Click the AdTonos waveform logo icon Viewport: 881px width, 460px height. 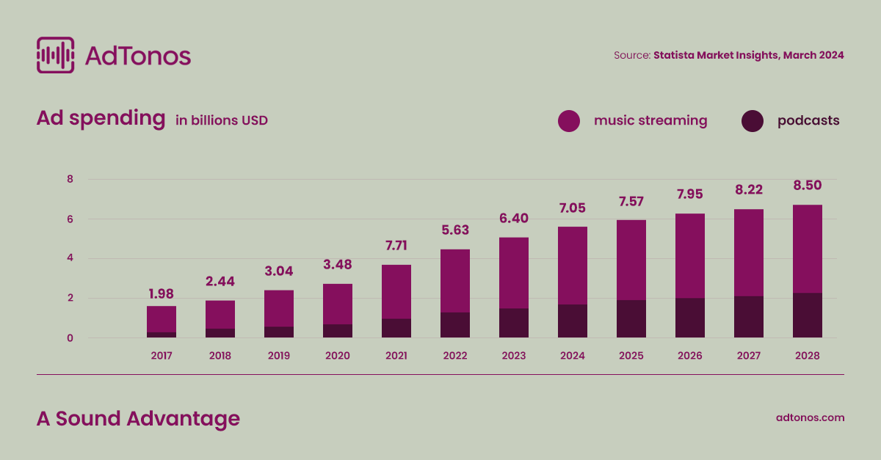(55, 55)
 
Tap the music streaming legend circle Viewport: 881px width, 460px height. (569, 121)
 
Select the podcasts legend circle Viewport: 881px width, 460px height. (753, 121)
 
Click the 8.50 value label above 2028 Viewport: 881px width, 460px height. (807, 186)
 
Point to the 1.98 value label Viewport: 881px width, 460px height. (161, 294)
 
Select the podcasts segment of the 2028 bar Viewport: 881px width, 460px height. (807, 315)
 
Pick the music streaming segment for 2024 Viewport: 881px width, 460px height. (572, 266)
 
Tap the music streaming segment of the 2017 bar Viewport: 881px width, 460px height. (161, 319)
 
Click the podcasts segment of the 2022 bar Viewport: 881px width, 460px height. (454, 325)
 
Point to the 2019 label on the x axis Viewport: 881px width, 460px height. (278, 356)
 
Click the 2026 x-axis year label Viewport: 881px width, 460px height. (689, 356)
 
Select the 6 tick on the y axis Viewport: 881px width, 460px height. (70, 219)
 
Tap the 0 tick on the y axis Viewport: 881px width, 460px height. (70, 338)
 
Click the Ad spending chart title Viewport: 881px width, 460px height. (101, 119)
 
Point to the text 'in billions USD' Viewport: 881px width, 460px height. (222, 120)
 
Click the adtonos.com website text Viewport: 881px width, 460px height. (810, 417)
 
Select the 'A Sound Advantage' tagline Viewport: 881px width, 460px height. (138, 418)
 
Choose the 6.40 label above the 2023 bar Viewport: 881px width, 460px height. (513, 218)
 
